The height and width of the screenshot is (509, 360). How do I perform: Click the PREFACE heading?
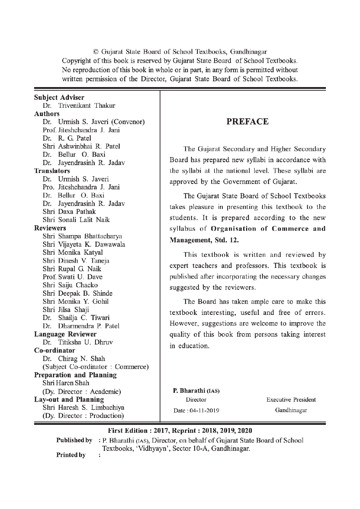click(247, 122)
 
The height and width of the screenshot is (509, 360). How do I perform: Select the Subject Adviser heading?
click(59, 98)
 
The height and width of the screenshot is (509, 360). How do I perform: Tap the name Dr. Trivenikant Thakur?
click(79, 106)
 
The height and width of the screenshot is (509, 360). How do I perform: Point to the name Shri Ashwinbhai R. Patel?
click(81, 147)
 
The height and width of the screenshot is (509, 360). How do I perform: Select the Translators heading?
click(52, 171)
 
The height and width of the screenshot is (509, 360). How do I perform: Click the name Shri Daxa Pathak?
click(69, 212)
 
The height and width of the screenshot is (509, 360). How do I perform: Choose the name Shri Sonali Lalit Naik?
click(76, 220)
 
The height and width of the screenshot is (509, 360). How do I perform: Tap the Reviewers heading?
click(50, 228)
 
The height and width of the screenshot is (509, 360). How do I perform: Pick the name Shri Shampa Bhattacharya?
click(82, 236)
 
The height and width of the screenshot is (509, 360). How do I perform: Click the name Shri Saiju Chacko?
click(70, 285)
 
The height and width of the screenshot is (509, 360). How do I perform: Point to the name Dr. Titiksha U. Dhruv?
click(78, 342)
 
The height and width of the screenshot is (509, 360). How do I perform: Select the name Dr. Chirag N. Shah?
click(74, 359)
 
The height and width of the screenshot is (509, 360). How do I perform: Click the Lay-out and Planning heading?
click(69, 399)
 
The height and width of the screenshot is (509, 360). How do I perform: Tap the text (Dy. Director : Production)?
click(83, 416)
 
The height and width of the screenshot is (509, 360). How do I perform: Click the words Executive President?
click(291, 400)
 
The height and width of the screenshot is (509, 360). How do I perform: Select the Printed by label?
click(71, 455)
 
